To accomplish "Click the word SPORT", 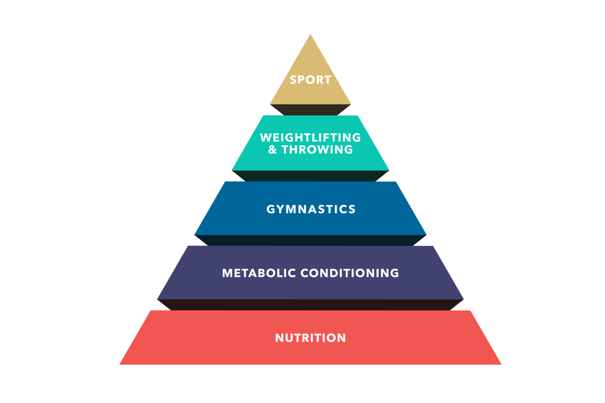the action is [x=310, y=80].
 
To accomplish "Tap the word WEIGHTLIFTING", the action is [x=310, y=138].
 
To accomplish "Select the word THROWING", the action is [x=317, y=150].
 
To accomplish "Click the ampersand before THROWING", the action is [x=273, y=150].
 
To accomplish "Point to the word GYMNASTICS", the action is [x=311, y=209].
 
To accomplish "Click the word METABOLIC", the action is [x=259, y=273].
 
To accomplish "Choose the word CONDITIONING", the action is [x=350, y=273].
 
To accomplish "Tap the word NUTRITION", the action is [x=310, y=338].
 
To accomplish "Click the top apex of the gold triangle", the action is [x=310, y=34].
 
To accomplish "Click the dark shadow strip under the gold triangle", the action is [x=310, y=110].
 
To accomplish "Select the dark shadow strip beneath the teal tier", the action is [x=310, y=176].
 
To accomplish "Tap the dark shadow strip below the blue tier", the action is [x=310, y=240].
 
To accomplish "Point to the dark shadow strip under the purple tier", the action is [x=310, y=305].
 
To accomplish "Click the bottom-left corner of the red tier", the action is [x=119, y=365].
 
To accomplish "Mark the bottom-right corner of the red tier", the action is [x=501, y=365].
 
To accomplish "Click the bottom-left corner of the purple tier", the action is [x=157, y=299].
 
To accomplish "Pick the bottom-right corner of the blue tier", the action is [x=426, y=235].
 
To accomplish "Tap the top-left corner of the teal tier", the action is [x=263, y=116].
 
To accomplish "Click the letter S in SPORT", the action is [x=293, y=80].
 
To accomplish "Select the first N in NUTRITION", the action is [x=279, y=338].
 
